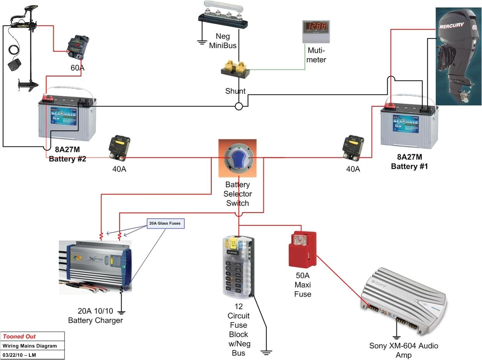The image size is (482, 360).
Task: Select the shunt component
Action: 235,69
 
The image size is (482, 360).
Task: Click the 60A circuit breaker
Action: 78,45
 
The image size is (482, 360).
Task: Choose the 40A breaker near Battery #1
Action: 353,147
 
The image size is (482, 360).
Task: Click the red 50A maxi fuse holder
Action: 302,249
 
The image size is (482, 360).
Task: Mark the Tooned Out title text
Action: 19,337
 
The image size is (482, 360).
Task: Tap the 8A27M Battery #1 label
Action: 409,162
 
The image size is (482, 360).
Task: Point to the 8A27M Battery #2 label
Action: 67,154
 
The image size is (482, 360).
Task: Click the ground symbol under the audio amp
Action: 396,337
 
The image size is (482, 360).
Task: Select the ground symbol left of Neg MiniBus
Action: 201,42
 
